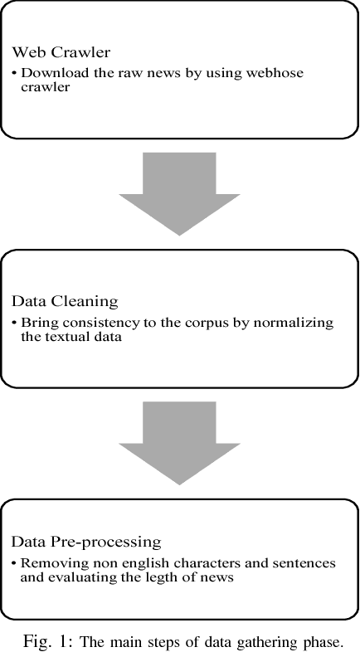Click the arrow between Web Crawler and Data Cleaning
click(x=180, y=192)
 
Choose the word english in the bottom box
click(x=124, y=562)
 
